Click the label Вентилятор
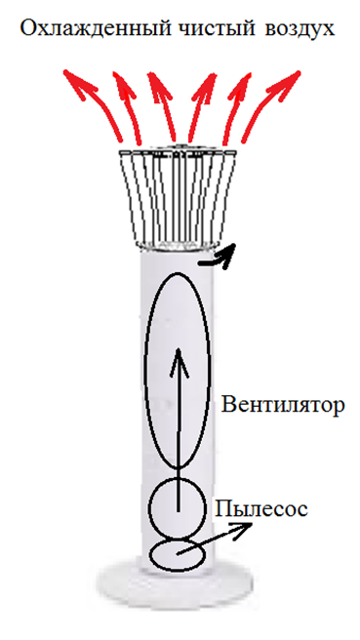283,405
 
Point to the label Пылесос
261,508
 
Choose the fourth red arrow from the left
200,107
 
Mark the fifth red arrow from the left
235,107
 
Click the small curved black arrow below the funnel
220,260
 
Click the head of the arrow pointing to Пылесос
243,530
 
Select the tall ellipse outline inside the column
146,370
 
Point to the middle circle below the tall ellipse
150,508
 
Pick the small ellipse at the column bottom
151,555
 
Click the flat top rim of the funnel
178,152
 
